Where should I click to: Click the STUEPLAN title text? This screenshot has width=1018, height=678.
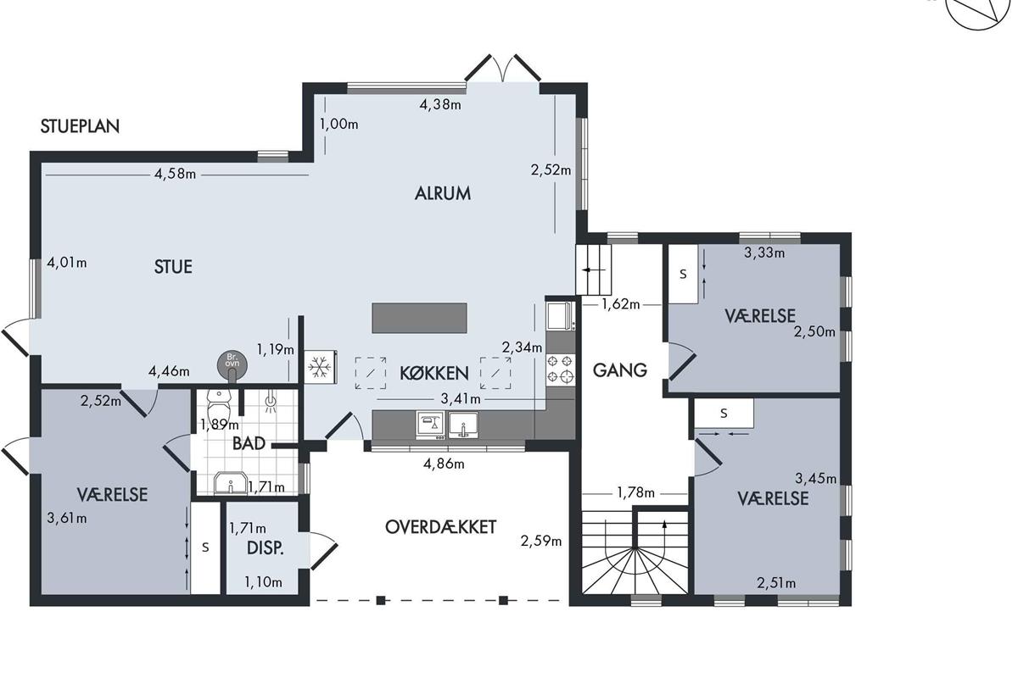point(80,126)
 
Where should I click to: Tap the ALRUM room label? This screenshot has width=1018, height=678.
point(443,193)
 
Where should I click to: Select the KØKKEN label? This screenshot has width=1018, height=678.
point(434,373)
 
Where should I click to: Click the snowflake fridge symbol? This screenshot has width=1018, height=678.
point(320,367)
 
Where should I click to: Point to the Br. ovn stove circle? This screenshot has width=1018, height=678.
point(232,364)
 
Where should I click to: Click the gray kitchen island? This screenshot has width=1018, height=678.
point(419,318)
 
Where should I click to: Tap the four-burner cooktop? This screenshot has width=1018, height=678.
point(561,370)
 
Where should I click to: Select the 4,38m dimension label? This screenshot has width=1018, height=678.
point(440,105)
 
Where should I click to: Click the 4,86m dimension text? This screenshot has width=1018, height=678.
point(444,464)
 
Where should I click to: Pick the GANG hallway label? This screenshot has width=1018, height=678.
point(620,370)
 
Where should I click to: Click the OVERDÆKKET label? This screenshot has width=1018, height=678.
point(440,527)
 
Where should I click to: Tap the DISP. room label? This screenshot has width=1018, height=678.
point(265,548)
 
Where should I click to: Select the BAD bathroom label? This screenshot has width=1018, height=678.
point(249,444)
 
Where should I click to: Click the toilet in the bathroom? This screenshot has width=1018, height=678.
point(219,405)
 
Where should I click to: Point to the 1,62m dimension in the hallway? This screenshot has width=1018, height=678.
point(621,304)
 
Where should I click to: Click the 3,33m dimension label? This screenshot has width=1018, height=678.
point(764,253)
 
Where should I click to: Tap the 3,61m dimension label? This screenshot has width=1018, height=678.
point(67,518)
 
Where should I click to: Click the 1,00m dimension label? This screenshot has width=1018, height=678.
point(339,124)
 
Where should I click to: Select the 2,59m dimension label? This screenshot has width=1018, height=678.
point(541,541)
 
